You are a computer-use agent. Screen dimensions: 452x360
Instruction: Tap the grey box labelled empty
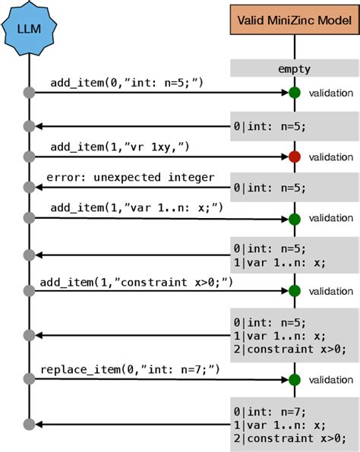[x=294, y=69]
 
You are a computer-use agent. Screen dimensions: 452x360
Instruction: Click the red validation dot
[x=294, y=157]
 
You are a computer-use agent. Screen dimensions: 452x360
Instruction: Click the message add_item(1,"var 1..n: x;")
[x=137, y=207]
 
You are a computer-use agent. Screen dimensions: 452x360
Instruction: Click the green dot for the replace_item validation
[x=294, y=380]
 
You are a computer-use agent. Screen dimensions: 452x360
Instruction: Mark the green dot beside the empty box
[x=294, y=93]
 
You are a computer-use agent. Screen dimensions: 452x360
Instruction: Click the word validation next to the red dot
[x=330, y=157]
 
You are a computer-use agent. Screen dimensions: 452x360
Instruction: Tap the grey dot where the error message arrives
[x=29, y=188]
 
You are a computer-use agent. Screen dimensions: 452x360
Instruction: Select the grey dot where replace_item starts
[x=29, y=380]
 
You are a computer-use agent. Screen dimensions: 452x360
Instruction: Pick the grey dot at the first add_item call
[x=29, y=93]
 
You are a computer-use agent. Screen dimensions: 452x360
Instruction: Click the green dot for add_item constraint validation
[x=294, y=291]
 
